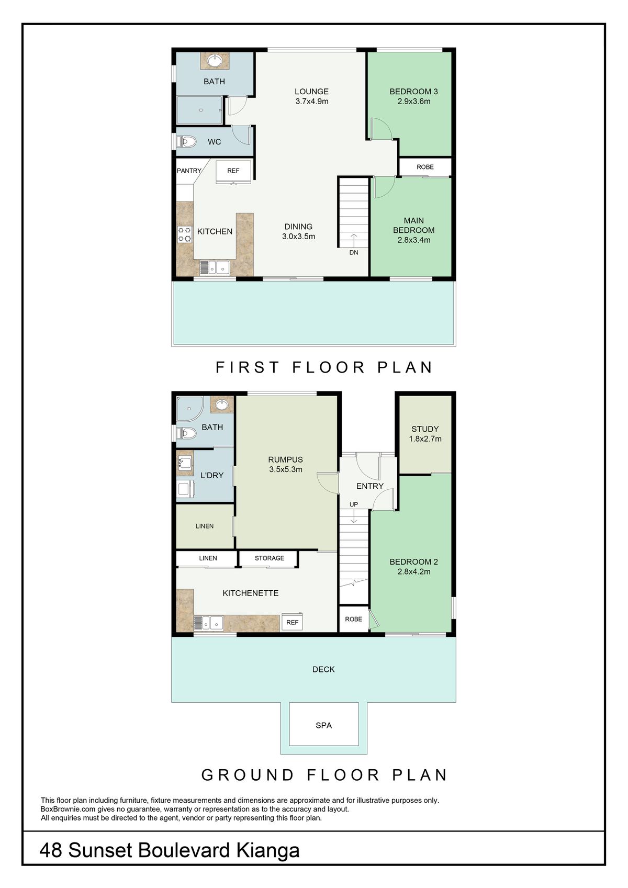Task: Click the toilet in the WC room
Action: click(x=187, y=141)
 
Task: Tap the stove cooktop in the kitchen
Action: click(x=185, y=234)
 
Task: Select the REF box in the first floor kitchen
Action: click(x=233, y=171)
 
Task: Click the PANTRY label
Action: click(x=189, y=171)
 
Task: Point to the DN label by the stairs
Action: click(x=354, y=253)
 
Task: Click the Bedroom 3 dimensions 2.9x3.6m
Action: click(x=413, y=102)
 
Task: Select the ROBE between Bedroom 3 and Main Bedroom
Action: click(x=425, y=167)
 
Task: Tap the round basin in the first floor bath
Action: click(x=215, y=61)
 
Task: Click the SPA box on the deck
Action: click(x=324, y=725)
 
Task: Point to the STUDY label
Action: click(x=425, y=429)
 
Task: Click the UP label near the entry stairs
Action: click(x=354, y=504)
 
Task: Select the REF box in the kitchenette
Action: click(x=293, y=622)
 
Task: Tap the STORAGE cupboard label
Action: click(x=270, y=558)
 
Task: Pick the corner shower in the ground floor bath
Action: click(x=188, y=408)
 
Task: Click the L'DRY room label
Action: click(x=212, y=475)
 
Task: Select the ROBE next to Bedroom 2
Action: click(x=354, y=619)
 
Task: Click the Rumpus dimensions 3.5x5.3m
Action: click(x=286, y=469)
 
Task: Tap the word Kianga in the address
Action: click(x=268, y=850)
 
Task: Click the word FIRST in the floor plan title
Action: click(x=248, y=367)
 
